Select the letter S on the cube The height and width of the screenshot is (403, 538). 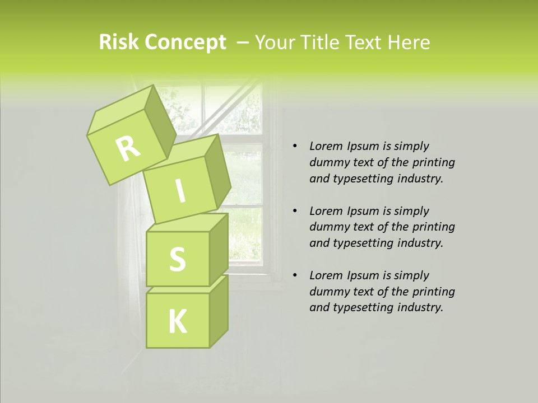tap(177, 259)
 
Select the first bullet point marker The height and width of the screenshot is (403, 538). tap(294, 147)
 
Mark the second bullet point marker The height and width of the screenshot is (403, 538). tap(294, 212)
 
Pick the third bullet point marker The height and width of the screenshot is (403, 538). tap(294, 276)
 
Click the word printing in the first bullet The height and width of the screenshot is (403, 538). tap(433, 163)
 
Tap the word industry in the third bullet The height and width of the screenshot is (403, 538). tap(421, 307)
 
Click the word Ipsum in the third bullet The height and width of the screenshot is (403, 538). tap(362, 275)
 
